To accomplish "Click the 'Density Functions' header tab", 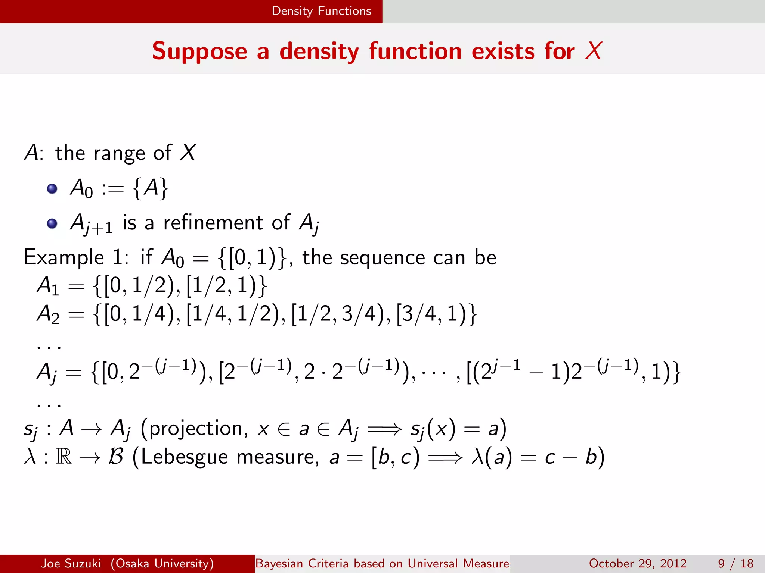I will tap(321, 11).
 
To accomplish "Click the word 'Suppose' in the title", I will tap(199, 51).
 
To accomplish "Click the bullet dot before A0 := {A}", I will tap(52, 188).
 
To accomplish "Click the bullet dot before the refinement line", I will tap(52, 223).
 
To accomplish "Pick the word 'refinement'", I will tap(213, 223).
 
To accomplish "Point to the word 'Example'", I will tap(64, 258).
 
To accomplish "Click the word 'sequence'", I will tap(382, 258).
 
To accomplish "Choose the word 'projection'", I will tap(195, 429).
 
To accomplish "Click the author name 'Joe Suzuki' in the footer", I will tap(71, 563).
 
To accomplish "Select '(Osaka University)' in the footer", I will tap(162, 563).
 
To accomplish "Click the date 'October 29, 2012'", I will tap(638, 563).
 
